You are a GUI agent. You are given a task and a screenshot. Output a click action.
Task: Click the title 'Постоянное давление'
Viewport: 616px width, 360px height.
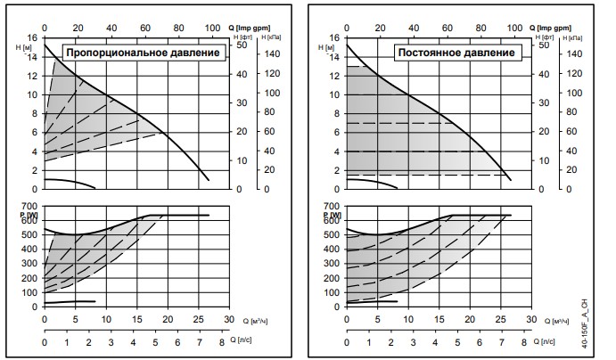tap(456, 53)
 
